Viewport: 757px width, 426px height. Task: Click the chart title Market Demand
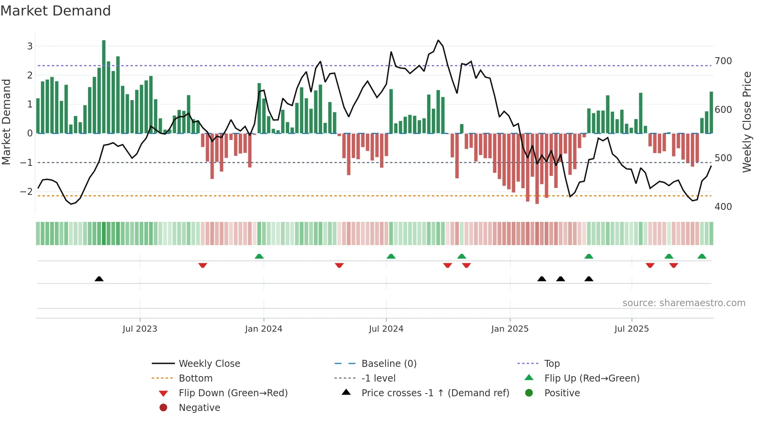click(x=56, y=11)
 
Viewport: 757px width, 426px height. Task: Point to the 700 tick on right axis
click(x=723, y=61)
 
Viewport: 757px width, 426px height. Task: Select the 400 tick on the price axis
click(x=723, y=207)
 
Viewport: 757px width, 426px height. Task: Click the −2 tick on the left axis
click(x=27, y=191)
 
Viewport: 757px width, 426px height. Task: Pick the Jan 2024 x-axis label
click(x=263, y=329)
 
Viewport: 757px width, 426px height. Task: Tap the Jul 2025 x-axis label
click(x=631, y=329)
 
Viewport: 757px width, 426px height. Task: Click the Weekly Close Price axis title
click(x=747, y=122)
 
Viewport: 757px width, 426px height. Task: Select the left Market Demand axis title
click(x=7, y=122)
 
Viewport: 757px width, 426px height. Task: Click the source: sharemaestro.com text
click(x=684, y=303)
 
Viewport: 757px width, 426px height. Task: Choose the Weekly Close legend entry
click(x=209, y=364)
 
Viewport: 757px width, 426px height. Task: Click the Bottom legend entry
click(x=195, y=378)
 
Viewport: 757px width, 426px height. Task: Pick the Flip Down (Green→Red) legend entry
click(x=233, y=393)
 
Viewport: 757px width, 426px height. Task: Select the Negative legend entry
click(x=199, y=408)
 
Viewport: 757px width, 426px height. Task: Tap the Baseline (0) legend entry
click(x=389, y=364)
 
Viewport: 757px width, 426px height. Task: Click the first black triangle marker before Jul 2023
click(x=99, y=279)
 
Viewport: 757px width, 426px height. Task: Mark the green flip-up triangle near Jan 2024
click(x=259, y=256)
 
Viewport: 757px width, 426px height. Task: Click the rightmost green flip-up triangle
click(x=702, y=256)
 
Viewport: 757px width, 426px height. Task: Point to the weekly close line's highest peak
click(x=438, y=40)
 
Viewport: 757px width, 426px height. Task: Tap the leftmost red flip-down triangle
click(x=203, y=265)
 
